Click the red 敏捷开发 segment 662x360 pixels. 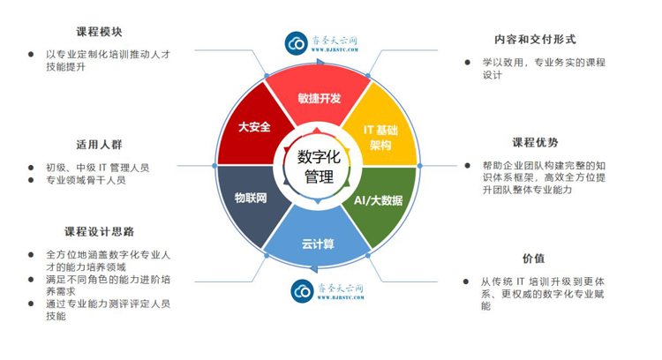[x=318, y=97]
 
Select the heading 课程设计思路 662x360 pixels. [x=99, y=232]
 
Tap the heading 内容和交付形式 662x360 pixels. [x=535, y=40]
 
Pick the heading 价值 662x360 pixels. [x=533, y=259]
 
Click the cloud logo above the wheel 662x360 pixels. [x=299, y=42]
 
